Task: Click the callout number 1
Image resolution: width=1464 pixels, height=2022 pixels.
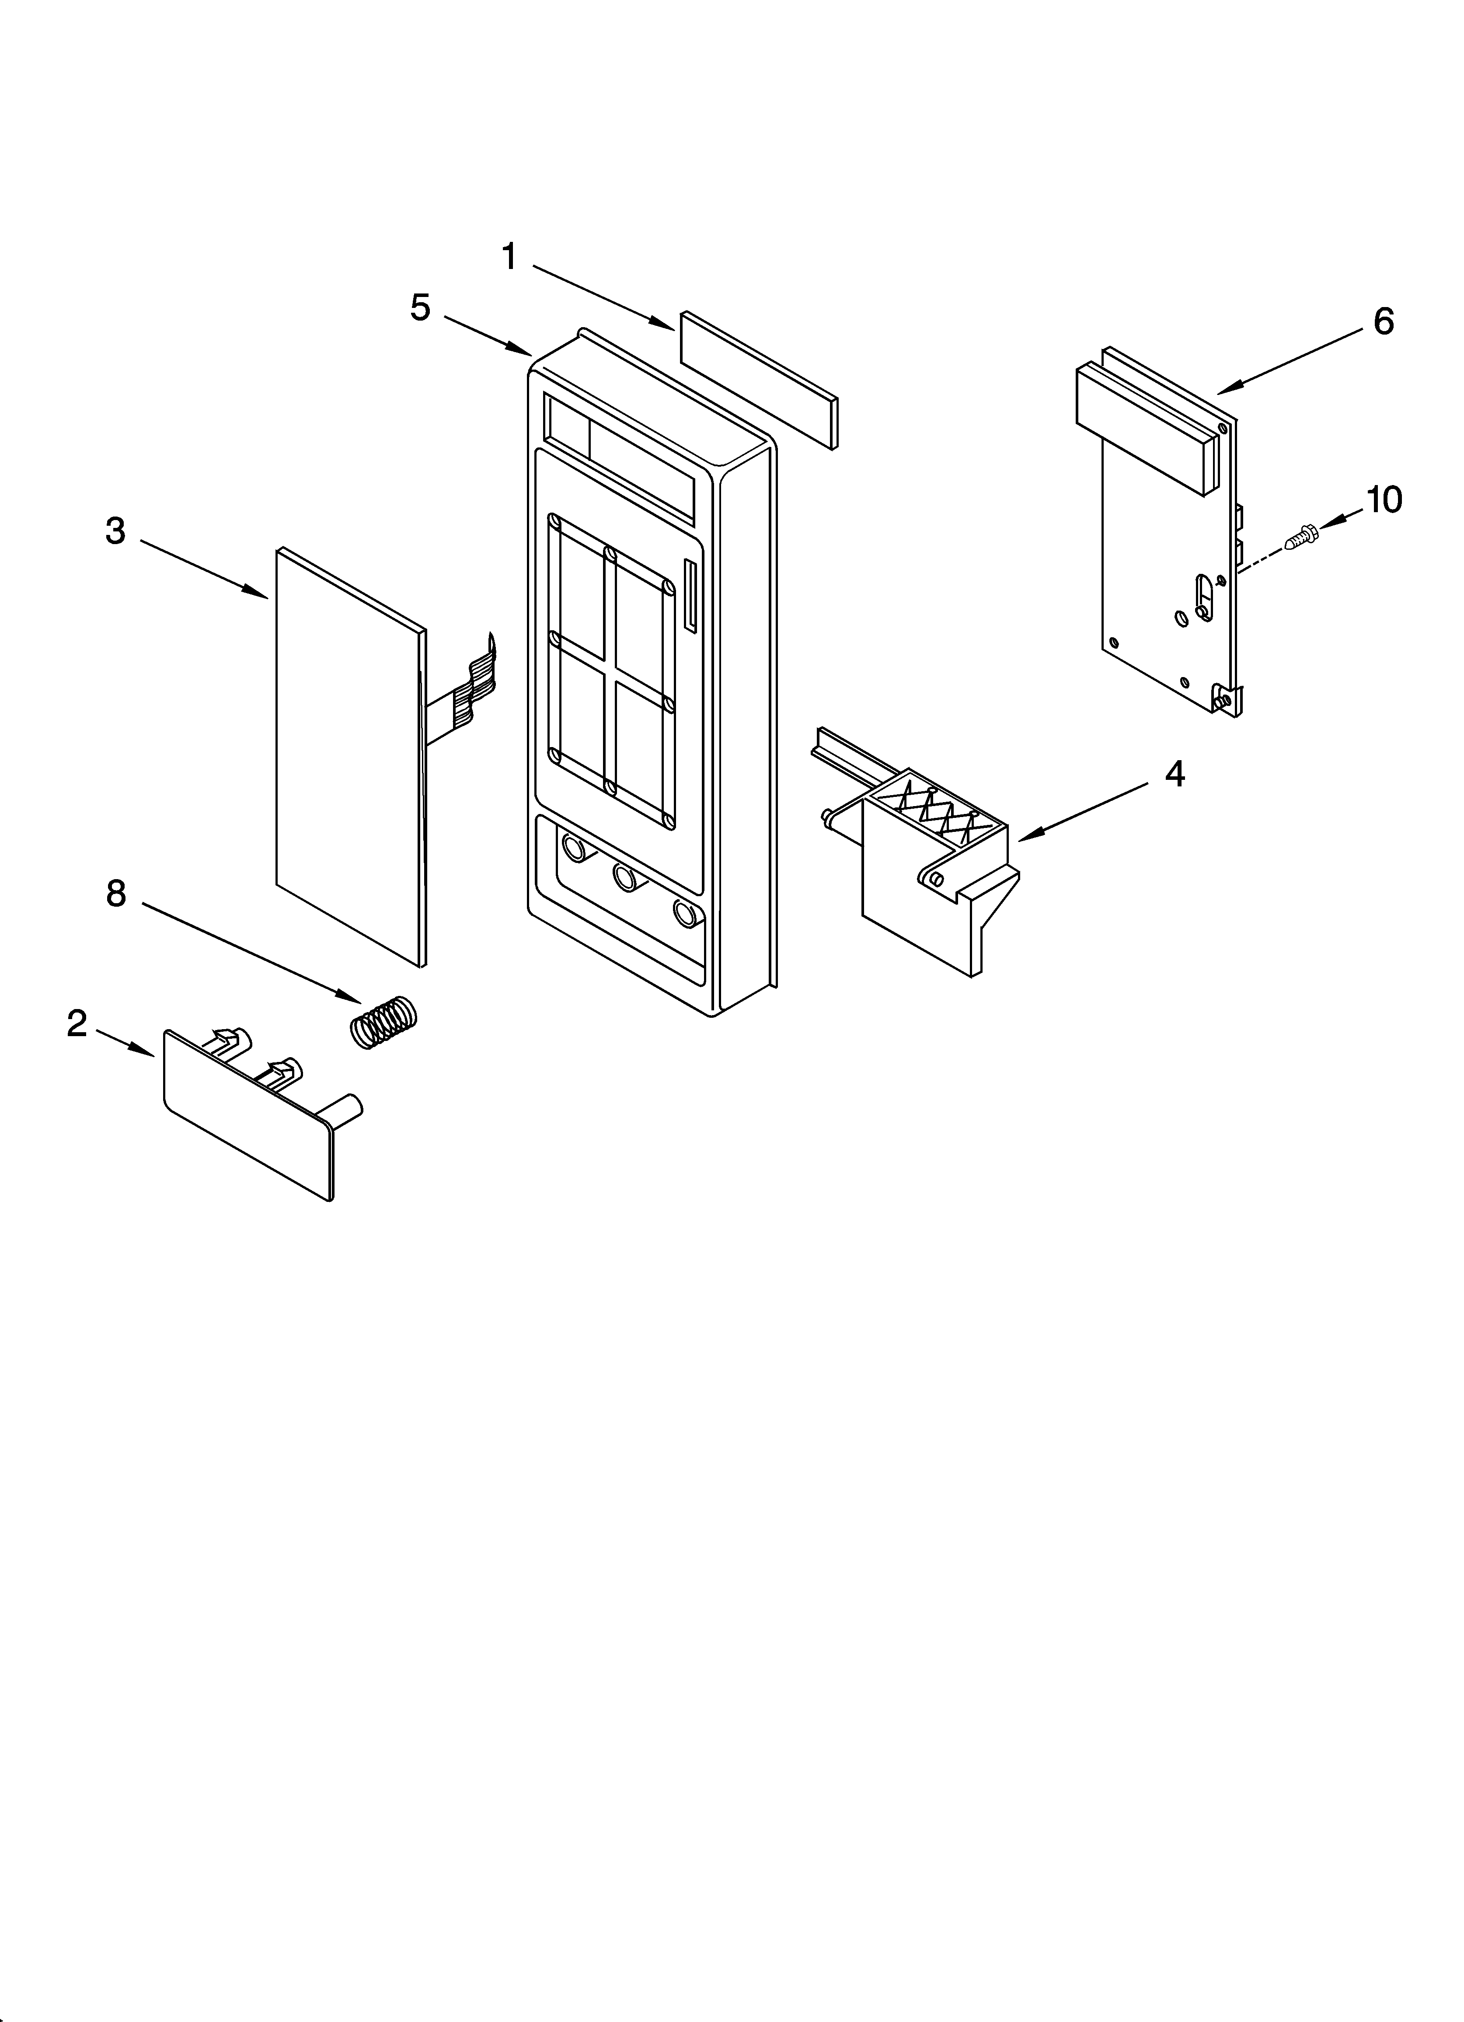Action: (509, 258)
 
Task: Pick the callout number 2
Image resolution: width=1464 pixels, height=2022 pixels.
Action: (77, 1023)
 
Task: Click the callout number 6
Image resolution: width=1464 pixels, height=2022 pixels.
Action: (1383, 321)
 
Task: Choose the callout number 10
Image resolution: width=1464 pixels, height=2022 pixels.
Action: (1384, 500)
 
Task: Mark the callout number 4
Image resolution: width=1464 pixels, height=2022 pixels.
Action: (1175, 774)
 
